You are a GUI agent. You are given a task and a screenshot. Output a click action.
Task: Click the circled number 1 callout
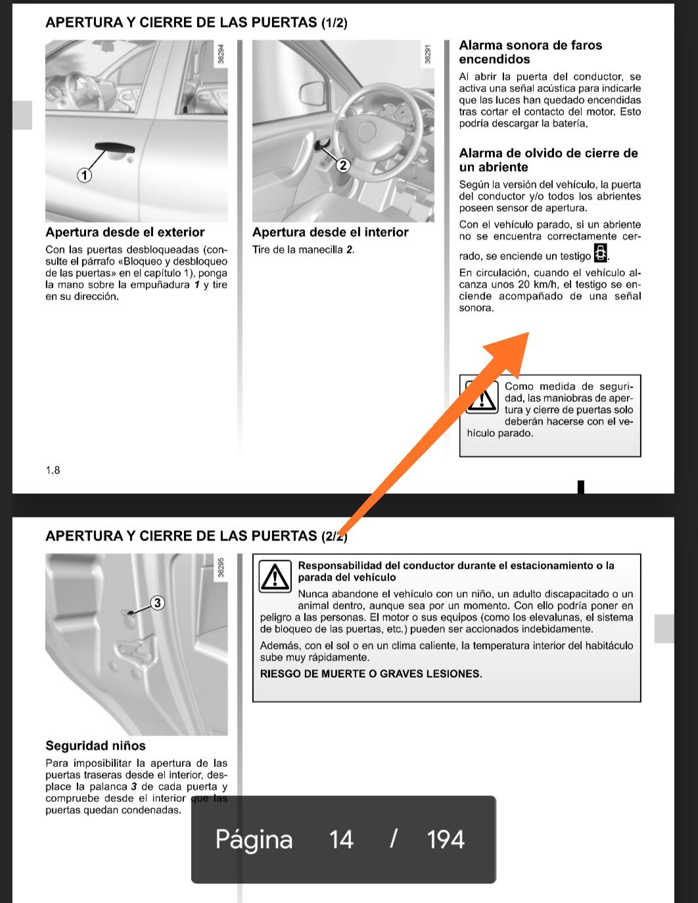click(x=84, y=175)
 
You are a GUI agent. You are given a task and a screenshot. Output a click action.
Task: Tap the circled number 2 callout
click(x=342, y=165)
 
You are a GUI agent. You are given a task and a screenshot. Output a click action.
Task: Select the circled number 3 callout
click(x=157, y=602)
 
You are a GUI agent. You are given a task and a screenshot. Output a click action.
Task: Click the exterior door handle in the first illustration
click(x=114, y=149)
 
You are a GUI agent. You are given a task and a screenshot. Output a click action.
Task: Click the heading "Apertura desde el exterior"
click(x=125, y=232)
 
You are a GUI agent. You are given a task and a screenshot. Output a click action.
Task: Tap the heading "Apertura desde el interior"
click(x=330, y=232)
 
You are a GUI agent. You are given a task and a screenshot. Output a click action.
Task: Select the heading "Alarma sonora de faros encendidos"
click(x=530, y=52)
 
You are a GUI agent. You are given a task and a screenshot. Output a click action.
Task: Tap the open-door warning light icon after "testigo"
click(x=600, y=253)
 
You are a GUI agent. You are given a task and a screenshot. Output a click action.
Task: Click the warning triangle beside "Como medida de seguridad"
click(x=482, y=398)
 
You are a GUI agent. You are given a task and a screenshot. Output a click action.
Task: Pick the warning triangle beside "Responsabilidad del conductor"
click(x=275, y=577)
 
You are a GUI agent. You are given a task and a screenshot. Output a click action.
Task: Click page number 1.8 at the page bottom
click(x=53, y=470)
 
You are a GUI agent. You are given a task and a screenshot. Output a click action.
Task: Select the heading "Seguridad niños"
click(x=95, y=746)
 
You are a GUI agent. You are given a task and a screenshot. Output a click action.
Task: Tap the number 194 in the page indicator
click(x=446, y=839)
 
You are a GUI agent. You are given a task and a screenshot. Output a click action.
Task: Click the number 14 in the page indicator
click(x=341, y=839)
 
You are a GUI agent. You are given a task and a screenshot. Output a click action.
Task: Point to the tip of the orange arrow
click(x=527, y=333)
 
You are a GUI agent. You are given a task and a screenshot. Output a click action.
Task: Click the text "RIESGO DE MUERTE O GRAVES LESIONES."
click(x=371, y=674)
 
